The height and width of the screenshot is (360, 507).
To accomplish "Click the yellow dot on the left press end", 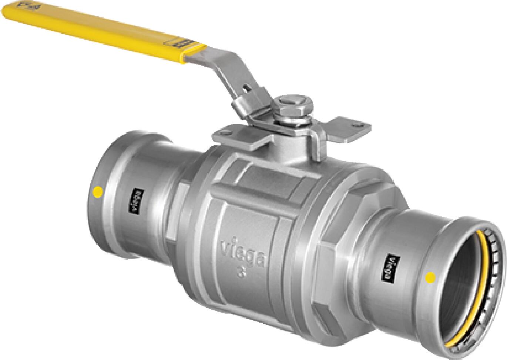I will [x=98, y=192].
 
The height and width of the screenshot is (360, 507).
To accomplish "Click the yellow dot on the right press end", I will [x=430, y=276].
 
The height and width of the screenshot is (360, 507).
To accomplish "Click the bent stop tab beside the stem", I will [x=317, y=148].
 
